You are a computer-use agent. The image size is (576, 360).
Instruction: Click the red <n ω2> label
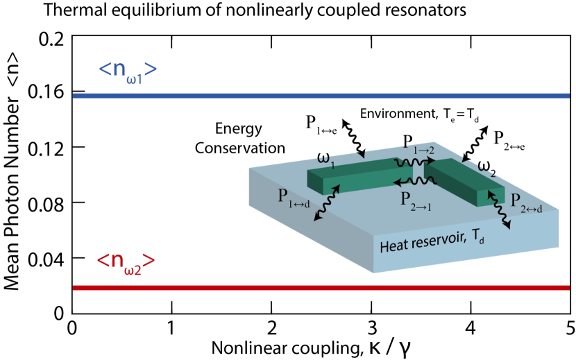coord(126,263)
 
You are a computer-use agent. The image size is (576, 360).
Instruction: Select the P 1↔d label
coord(294,198)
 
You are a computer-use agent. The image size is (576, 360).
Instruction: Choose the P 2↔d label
coord(526,202)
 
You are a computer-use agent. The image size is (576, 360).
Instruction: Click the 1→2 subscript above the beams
coord(423,150)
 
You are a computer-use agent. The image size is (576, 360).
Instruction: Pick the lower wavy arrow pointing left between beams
coord(415,182)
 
